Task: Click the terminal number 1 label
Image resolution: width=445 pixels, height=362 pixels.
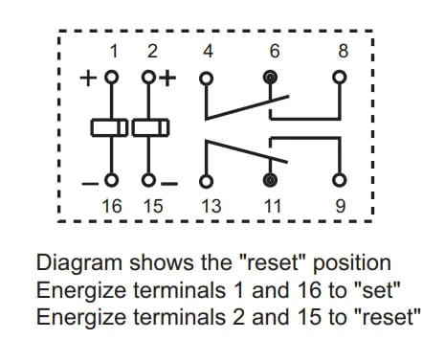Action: pyautogui.click(x=115, y=51)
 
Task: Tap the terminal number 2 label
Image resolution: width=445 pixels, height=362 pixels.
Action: pyautogui.click(x=152, y=51)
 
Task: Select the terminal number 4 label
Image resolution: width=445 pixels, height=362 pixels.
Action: pyautogui.click(x=208, y=51)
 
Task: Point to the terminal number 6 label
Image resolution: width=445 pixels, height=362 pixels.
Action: pyautogui.click(x=275, y=51)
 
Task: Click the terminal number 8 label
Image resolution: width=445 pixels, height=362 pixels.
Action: pyautogui.click(x=344, y=51)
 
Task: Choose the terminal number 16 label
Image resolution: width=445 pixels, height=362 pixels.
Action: pyautogui.click(x=112, y=206)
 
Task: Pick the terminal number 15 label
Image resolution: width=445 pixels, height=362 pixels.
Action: pyautogui.click(x=153, y=206)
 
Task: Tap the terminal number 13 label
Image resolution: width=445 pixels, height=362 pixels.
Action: pyautogui.click(x=211, y=206)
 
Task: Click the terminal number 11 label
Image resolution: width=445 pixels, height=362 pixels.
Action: pyautogui.click(x=273, y=206)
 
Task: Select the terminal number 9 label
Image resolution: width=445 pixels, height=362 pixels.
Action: pyautogui.click(x=341, y=206)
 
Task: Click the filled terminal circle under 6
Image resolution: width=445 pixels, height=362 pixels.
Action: pyautogui.click(x=270, y=78)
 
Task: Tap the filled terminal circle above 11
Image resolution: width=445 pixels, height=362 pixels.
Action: pyautogui.click(x=270, y=180)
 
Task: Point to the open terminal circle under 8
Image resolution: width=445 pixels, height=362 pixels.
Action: pyautogui.click(x=340, y=78)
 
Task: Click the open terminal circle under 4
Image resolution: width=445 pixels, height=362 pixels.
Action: pyautogui.click(x=206, y=78)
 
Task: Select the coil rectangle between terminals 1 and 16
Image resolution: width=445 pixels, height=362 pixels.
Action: pyautogui.click(x=109, y=127)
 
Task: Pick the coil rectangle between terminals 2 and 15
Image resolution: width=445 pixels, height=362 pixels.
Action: pyautogui.click(x=150, y=127)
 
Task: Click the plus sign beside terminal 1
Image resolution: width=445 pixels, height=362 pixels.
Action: pyautogui.click(x=88, y=79)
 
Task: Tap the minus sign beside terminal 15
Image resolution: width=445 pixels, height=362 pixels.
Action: pyautogui.click(x=169, y=184)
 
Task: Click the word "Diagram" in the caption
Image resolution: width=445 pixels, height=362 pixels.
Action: pyautogui.click(x=79, y=263)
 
